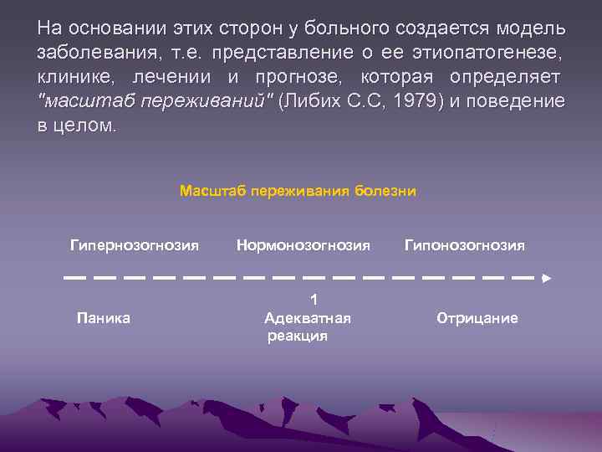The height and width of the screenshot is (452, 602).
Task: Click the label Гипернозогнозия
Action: pyautogui.click(x=134, y=245)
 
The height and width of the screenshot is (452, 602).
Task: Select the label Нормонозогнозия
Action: pyautogui.click(x=303, y=245)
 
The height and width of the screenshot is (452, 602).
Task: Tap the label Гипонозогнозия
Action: pyautogui.click(x=465, y=245)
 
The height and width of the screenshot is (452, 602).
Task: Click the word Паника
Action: pyautogui.click(x=103, y=318)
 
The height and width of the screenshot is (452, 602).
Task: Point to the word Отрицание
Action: pyautogui.click(x=477, y=318)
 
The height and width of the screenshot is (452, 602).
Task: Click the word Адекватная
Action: pyautogui.click(x=307, y=318)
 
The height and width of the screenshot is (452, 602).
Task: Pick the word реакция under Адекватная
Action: pyautogui.click(x=297, y=336)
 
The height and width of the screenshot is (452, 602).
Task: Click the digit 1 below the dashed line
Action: pyautogui.click(x=314, y=300)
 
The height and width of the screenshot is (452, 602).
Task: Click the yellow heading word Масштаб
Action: pyautogui.click(x=209, y=191)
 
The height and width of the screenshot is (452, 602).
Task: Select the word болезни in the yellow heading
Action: pyautogui.click(x=385, y=191)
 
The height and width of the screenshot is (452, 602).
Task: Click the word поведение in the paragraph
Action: pyautogui.click(x=516, y=101)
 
